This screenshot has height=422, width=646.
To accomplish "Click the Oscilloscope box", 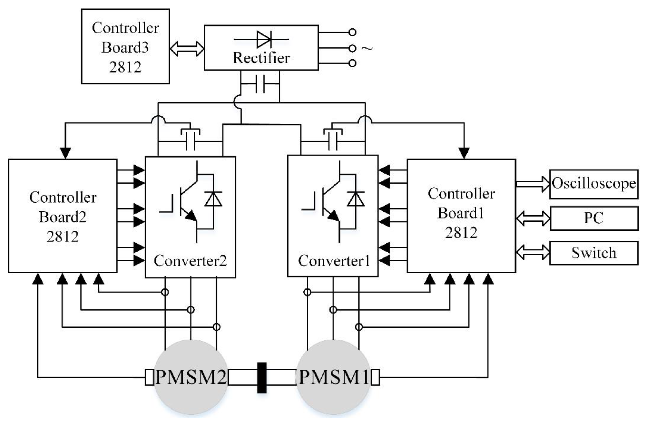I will pos(594,184).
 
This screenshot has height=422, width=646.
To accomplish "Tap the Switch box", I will pos(594,253).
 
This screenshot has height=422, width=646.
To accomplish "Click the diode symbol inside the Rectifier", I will pos(263,40).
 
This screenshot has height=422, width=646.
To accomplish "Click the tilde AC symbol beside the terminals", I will pos(367,48).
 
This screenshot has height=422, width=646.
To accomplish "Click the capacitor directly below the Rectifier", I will pos(260,84).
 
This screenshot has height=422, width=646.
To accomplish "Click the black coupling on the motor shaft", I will pos(262,377).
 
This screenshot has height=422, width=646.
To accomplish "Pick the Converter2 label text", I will pos(190,261).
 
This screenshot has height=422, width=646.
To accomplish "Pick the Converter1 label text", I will pos(334,261).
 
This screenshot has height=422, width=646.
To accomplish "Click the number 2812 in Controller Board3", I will pos(125,67).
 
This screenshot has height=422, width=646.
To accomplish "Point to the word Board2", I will pos(62,217).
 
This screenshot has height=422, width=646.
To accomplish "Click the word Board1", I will pos(461,213).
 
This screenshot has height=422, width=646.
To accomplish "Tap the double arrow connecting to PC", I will pos(533,218).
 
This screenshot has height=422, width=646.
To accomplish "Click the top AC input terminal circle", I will pos(352,32).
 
